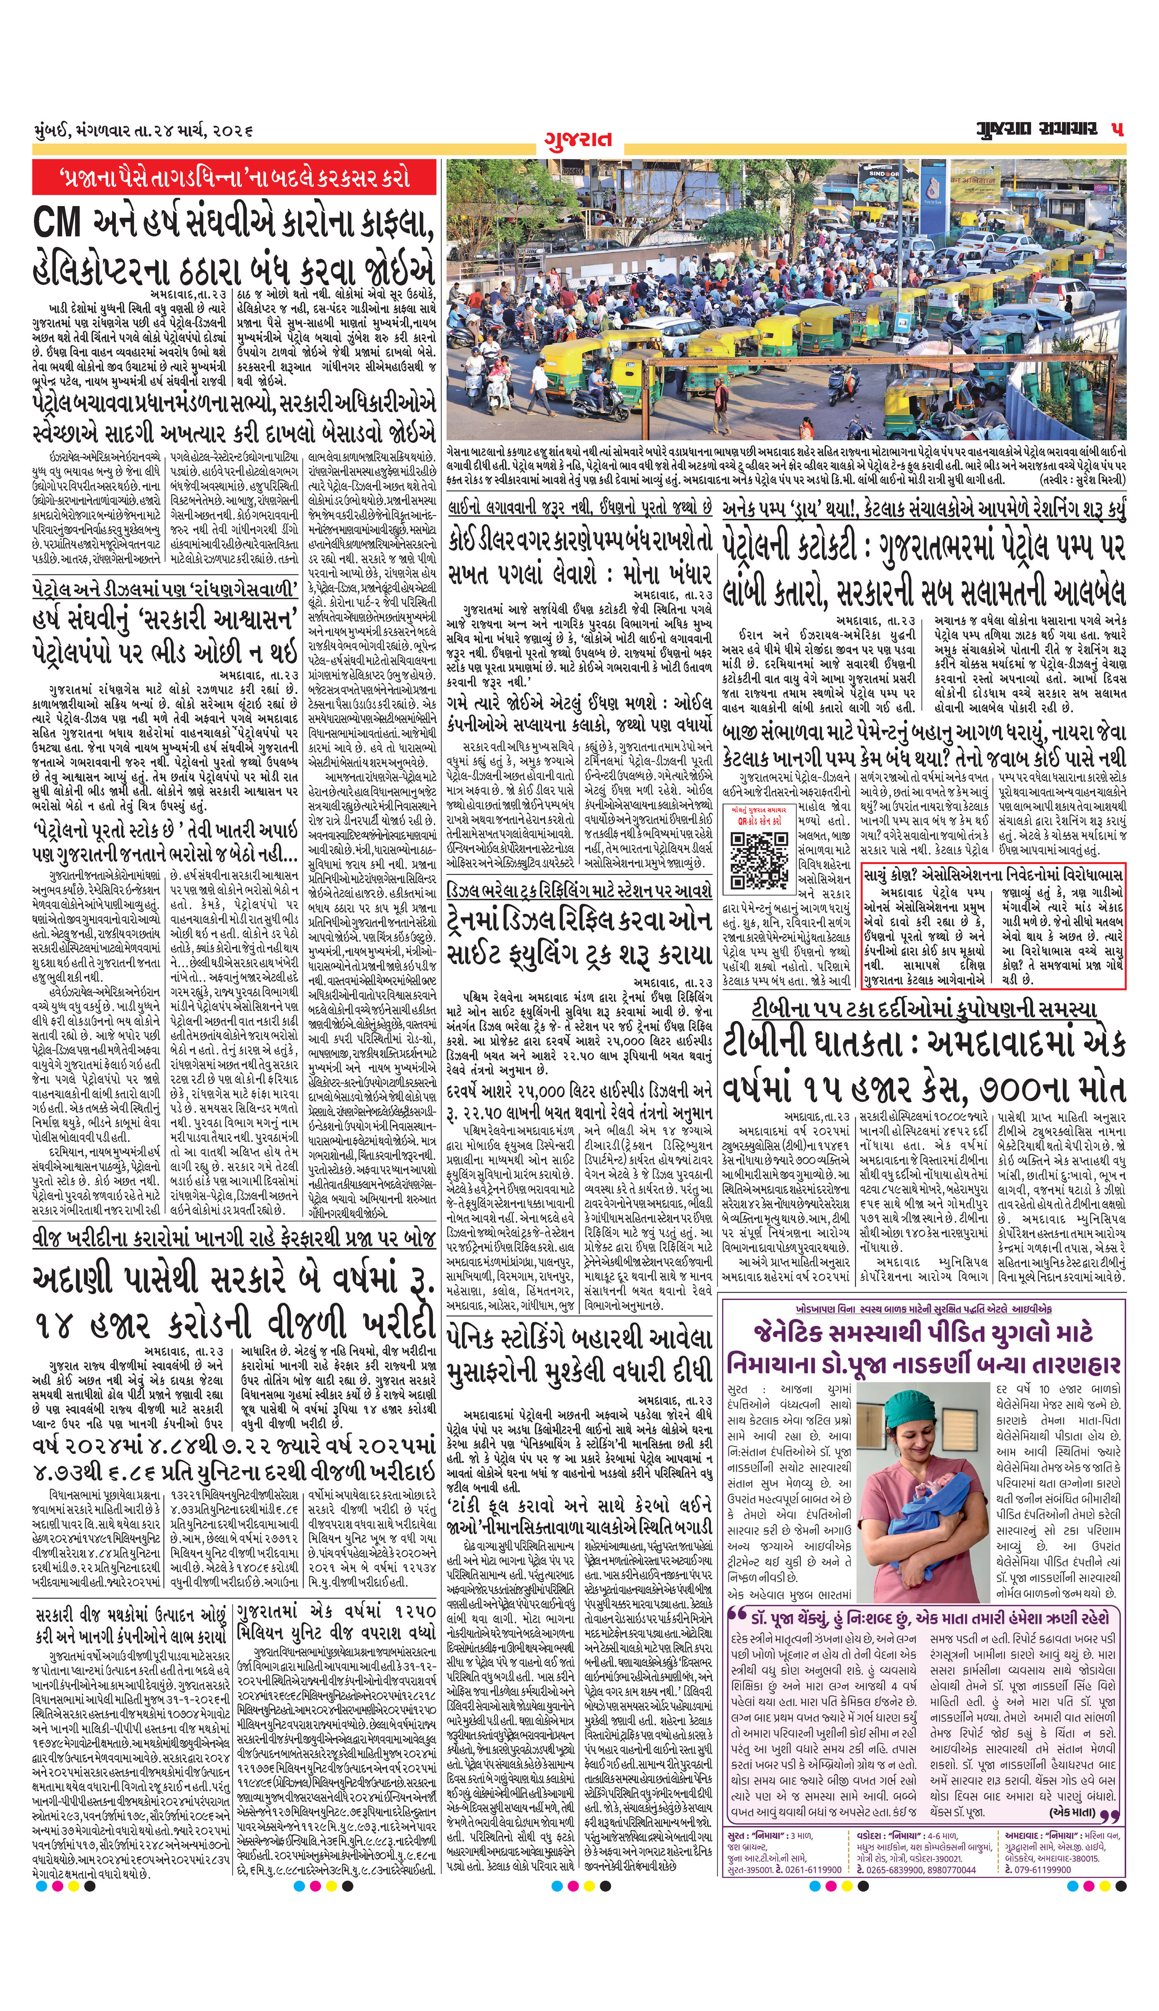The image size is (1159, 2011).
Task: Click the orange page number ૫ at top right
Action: [x=1118, y=130]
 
